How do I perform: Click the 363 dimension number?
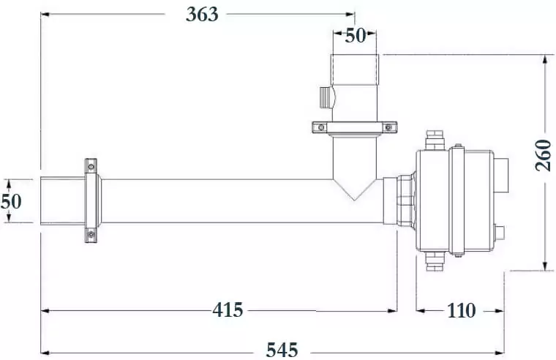[202, 14]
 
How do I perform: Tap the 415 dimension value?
[228, 310]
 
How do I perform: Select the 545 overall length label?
[282, 350]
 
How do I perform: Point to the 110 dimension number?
[461, 310]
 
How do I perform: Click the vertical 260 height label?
[544, 155]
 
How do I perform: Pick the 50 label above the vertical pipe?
[355, 35]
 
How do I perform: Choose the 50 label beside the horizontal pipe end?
[12, 201]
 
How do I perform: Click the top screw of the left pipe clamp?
[91, 166]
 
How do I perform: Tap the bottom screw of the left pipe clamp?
[91, 234]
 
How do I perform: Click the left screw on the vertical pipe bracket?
[321, 127]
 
